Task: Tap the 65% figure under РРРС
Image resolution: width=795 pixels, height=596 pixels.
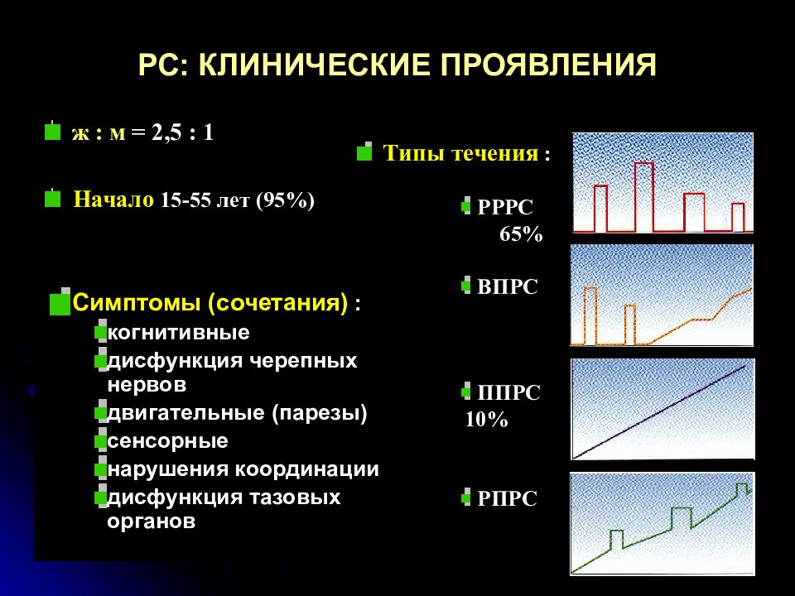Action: [520, 234]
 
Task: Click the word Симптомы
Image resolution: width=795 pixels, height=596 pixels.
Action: [140, 302]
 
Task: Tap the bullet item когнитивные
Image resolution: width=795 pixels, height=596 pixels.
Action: [179, 333]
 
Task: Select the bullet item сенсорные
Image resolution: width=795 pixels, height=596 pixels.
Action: [168, 440]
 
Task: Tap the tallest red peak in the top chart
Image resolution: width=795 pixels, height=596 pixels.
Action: [643, 165]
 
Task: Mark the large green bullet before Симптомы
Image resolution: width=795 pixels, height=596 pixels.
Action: [60, 303]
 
